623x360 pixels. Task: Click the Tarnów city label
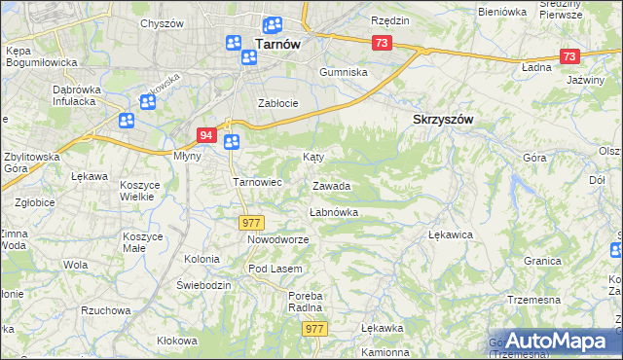pyautogui.click(x=275, y=43)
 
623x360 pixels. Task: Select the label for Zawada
pyautogui.click(x=331, y=185)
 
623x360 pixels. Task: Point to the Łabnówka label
pyautogui.click(x=334, y=211)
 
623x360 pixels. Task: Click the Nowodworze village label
pyautogui.click(x=277, y=239)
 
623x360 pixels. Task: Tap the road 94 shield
pyautogui.click(x=205, y=135)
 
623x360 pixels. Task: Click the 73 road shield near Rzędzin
pyautogui.click(x=381, y=43)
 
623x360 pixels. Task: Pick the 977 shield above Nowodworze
pyautogui.click(x=251, y=224)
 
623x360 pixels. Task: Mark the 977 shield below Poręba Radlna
pyautogui.click(x=313, y=329)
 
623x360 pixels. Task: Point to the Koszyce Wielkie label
pyautogui.click(x=138, y=190)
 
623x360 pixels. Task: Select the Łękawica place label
pyautogui.click(x=451, y=234)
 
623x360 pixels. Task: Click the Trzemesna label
pyautogui.click(x=536, y=299)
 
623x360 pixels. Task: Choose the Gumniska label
pyautogui.click(x=346, y=72)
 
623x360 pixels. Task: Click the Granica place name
pyautogui.click(x=542, y=261)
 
